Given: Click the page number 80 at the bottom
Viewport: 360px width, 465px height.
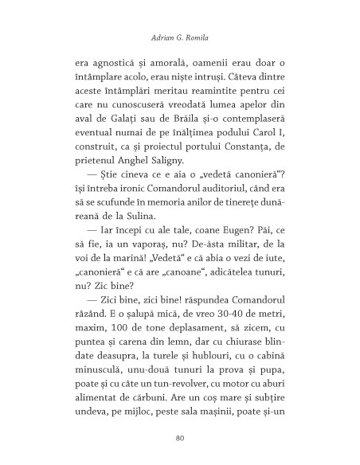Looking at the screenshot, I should [179, 437].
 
